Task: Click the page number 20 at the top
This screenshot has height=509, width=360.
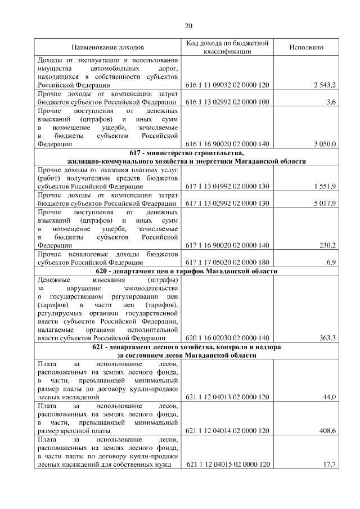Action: pos(188,25)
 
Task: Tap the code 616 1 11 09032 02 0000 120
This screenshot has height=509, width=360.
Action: pos(227,84)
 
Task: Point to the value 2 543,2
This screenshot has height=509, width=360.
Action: pos(325,84)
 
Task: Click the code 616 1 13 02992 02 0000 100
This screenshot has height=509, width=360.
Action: pos(227,102)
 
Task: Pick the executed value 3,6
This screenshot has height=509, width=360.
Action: pos(331,102)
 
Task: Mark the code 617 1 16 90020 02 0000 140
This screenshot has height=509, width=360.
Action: pos(227,245)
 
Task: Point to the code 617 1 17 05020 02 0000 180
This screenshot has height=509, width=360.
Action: pos(227,262)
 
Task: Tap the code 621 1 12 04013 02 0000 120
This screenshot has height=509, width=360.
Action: pos(227,397)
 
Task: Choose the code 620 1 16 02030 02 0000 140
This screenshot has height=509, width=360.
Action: pos(227,338)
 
